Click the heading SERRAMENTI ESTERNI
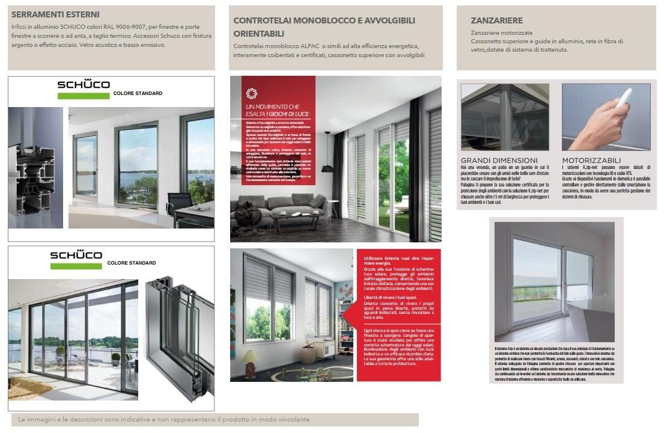point(55,14)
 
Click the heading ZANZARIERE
point(496,20)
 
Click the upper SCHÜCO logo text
point(84,85)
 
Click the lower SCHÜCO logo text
point(76,255)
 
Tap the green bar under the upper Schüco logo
point(84,96)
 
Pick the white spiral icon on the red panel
point(251,93)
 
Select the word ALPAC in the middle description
point(332,46)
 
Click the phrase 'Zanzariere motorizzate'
point(501,32)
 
